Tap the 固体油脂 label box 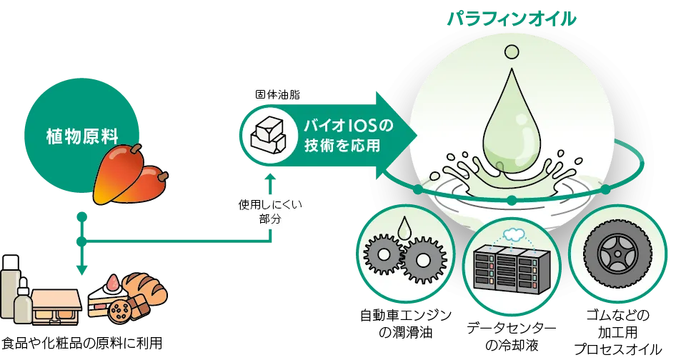point(277,94)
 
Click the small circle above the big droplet point(511,51)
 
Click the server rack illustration point(510,269)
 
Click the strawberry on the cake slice point(111,281)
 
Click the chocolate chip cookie point(121,310)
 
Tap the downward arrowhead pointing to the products point(82,269)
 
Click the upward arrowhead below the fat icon point(272,174)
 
